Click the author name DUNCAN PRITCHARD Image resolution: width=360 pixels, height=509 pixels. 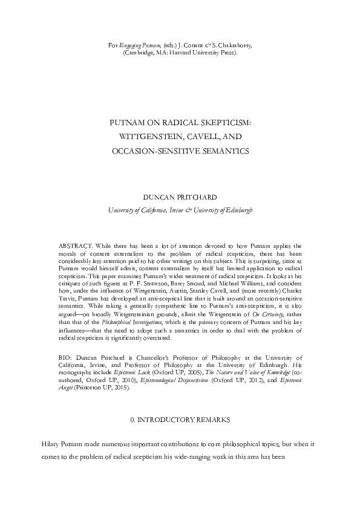180,198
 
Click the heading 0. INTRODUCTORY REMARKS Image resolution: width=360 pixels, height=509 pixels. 180,418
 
